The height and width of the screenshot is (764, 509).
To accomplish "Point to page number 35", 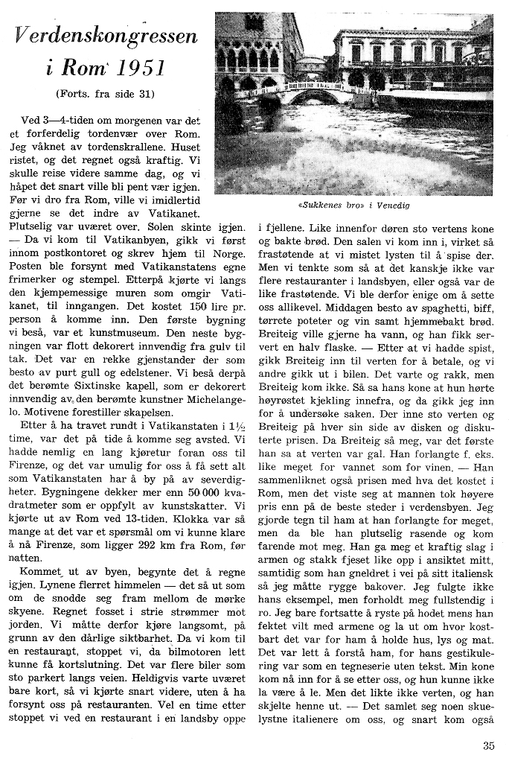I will [x=488, y=745].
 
